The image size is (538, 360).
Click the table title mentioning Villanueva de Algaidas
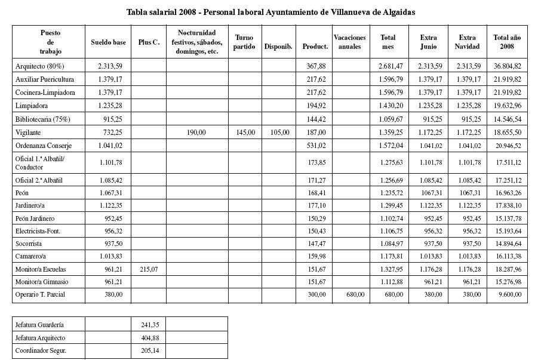click(270, 12)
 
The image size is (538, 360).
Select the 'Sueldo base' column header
click(108, 42)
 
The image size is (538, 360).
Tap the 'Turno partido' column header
click(244, 42)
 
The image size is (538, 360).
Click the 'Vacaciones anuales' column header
click(349, 42)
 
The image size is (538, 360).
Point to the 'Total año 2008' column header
click(507, 42)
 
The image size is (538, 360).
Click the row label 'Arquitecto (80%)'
click(39, 66)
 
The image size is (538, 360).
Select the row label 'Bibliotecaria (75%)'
click(43, 119)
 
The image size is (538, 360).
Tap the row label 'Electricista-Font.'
click(38, 231)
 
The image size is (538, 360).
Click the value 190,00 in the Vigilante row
click(196, 133)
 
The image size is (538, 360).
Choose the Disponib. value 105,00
click(279, 133)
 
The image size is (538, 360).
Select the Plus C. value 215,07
click(148, 269)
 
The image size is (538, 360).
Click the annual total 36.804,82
click(507, 66)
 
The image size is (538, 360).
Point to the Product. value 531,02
click(316, 146)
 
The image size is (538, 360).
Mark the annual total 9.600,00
click(509, 294)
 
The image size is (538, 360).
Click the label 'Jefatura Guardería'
click(39, 325)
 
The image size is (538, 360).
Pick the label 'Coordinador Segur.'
click(41, 351)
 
